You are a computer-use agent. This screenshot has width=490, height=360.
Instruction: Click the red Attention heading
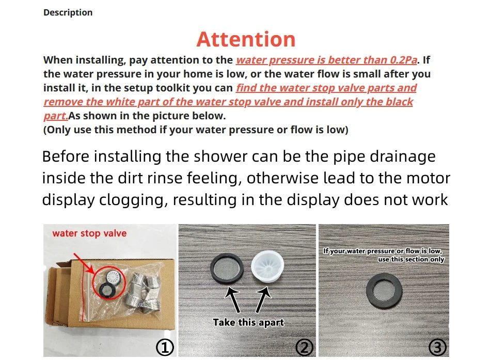click(x=246, y=39)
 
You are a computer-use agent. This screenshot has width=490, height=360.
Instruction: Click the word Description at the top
click(x=68, y=12)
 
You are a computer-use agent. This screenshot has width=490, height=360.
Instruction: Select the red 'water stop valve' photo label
click(x=89, y=233)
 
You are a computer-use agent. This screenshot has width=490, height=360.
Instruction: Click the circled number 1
click(x=165, y=348)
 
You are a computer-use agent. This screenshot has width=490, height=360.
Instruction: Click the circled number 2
click(x=305, y=348)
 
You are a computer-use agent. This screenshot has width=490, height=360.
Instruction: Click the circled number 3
click(x=437, y=348)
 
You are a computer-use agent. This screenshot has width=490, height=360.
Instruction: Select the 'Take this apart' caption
click(x=248, y=322)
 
